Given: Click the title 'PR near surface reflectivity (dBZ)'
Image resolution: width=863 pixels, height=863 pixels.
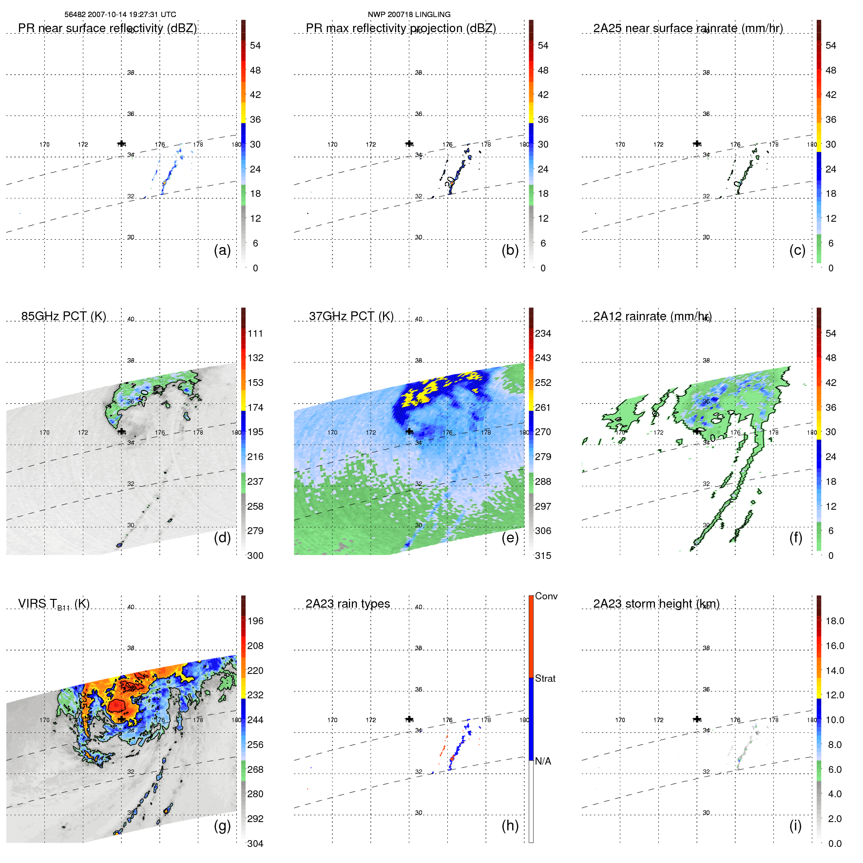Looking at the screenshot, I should tap(107, 28).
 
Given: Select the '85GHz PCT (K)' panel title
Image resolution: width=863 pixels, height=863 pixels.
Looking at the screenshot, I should tap(63, 316).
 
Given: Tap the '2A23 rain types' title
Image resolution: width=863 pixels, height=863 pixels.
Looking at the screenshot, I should tap(347, 604).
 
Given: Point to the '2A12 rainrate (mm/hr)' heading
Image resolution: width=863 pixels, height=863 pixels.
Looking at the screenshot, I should tap(652, 316).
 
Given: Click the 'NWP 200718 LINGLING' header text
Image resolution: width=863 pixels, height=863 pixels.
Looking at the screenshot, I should tap(409, 15).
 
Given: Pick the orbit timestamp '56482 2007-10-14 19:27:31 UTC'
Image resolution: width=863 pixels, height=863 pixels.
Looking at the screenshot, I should tap(120, 15).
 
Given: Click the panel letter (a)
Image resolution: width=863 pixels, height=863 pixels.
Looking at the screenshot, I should tap(222, 250).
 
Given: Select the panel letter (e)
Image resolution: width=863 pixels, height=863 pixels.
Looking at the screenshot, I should tap(510, 537).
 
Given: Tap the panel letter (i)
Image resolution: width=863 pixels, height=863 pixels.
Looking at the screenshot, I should tap(795, 825).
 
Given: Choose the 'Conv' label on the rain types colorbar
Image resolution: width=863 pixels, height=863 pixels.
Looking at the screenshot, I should tap(546, 596).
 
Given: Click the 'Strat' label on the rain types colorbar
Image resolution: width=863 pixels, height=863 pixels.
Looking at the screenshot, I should tap(545, 678).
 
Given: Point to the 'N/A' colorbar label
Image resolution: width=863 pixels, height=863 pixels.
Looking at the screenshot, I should tap(543, 761).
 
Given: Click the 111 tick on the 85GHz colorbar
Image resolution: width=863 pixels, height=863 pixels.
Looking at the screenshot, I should tap(255, 333).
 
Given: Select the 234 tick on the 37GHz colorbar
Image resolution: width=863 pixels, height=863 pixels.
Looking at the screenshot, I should tap(543, 333).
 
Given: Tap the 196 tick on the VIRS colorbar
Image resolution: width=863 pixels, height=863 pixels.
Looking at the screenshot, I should tap(255, 621).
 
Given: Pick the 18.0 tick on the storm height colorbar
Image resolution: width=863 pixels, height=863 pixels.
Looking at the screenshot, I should tap(834, 621).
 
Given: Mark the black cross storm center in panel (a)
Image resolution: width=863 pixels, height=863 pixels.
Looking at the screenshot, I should tap(121, 144).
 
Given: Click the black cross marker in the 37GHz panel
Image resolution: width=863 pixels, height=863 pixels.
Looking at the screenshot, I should tap(409, 431).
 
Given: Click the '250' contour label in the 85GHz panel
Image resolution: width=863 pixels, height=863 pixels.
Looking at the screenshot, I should tap(143, 398).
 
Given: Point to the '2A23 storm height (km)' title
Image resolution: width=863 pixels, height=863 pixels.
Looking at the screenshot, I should tap(656, 604).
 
